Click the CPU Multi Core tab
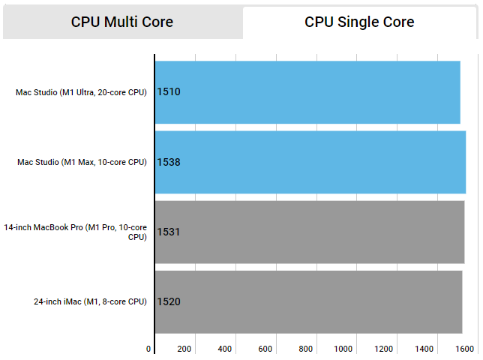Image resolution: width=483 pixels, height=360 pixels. click(122, 22)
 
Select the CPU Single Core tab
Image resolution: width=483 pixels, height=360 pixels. click(359, 22)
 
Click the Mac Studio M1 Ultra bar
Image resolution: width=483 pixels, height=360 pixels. click(307, 92)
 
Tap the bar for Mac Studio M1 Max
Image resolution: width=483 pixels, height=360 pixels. click(310, 162)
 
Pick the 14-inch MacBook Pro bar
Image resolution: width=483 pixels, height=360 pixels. click(310, 232)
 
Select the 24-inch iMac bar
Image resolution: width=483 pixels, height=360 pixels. click(308, 301)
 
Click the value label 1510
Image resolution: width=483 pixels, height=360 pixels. click(169, 92)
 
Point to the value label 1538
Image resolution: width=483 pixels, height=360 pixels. click(169, 162)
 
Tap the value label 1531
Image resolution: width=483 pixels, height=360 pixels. click(169, 232)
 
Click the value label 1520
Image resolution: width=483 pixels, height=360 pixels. click(169, 301)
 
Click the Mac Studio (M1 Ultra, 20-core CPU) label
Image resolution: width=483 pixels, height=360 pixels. click(81, 92)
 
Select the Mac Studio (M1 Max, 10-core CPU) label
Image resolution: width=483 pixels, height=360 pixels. click(82, 162)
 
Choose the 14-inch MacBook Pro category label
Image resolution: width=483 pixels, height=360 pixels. click(75, 232)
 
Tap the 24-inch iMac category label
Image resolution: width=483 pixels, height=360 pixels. click(90, 301)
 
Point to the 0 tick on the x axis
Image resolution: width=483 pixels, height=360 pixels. click(148, 349)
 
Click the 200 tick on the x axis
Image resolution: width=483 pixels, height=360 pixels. click(184, 349)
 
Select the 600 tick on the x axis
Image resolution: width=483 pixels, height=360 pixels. click(265, 349)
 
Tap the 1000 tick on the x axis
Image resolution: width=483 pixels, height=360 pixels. click(343, 349)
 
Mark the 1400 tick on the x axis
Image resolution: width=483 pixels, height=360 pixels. click(424, 349)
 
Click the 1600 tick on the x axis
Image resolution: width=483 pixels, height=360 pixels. click(464, 349)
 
